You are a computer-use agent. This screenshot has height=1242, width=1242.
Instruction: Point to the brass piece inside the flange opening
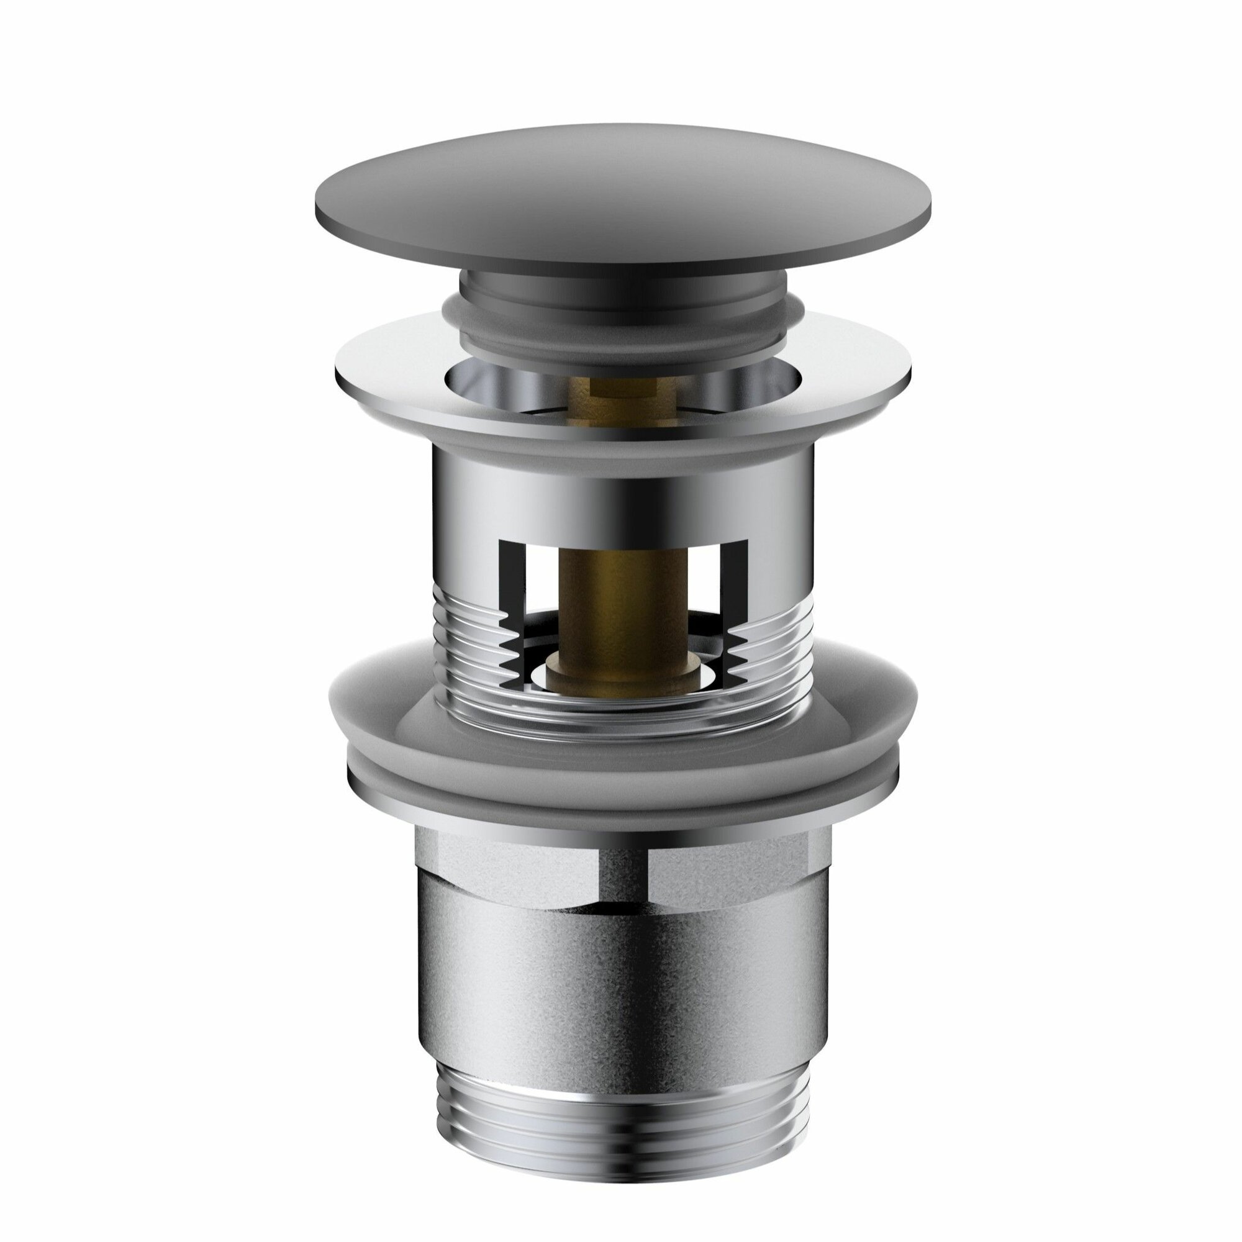coord(620,392)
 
